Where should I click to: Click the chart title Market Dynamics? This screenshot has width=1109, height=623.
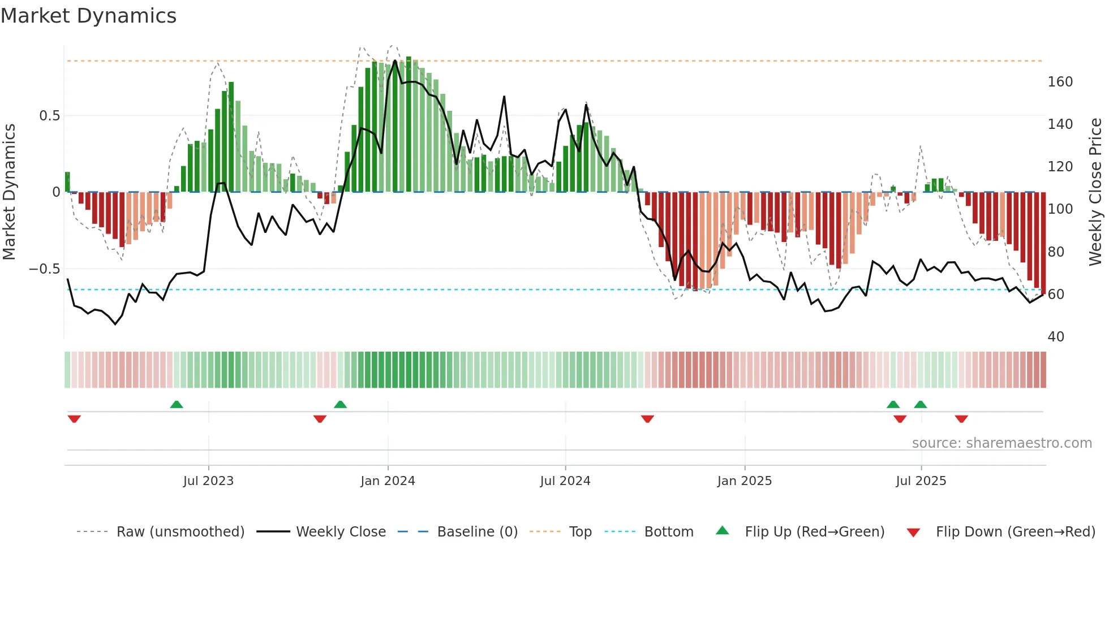coord(89,16)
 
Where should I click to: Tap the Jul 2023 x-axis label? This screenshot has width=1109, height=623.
coord(208,481)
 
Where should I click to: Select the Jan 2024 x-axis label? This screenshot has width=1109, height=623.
coord(388,481)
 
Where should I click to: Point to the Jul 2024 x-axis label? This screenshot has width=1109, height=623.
coord(565,481)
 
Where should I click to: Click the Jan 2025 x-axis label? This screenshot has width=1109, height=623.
coord(744,481)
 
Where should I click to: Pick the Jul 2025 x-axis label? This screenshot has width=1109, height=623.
coord(921,481)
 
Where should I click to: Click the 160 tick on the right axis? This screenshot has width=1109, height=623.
coord(1060,82)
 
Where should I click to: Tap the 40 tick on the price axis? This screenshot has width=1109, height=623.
coord(1056,337)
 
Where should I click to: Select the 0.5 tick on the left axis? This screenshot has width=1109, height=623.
coord(49,116)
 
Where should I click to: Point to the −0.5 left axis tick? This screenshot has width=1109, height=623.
coord(45,269)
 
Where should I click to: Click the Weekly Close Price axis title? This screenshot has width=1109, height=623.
coord(1095,192)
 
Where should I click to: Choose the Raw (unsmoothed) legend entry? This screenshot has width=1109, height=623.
coord(180,532)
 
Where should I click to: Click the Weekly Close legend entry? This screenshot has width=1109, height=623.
coord(341,532)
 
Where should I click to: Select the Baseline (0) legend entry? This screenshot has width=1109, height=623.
coord(477,532)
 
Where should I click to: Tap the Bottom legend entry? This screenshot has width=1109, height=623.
coord(668,532)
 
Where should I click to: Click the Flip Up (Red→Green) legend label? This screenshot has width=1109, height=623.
coord(814,532)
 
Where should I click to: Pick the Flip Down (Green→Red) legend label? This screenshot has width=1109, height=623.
coord(1015,532)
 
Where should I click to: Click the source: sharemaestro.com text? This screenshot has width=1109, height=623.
coord(1001,443)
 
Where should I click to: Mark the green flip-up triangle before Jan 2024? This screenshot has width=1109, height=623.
coord(340,404)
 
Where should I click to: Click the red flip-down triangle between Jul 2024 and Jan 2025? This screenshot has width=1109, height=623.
coord(647,419)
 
